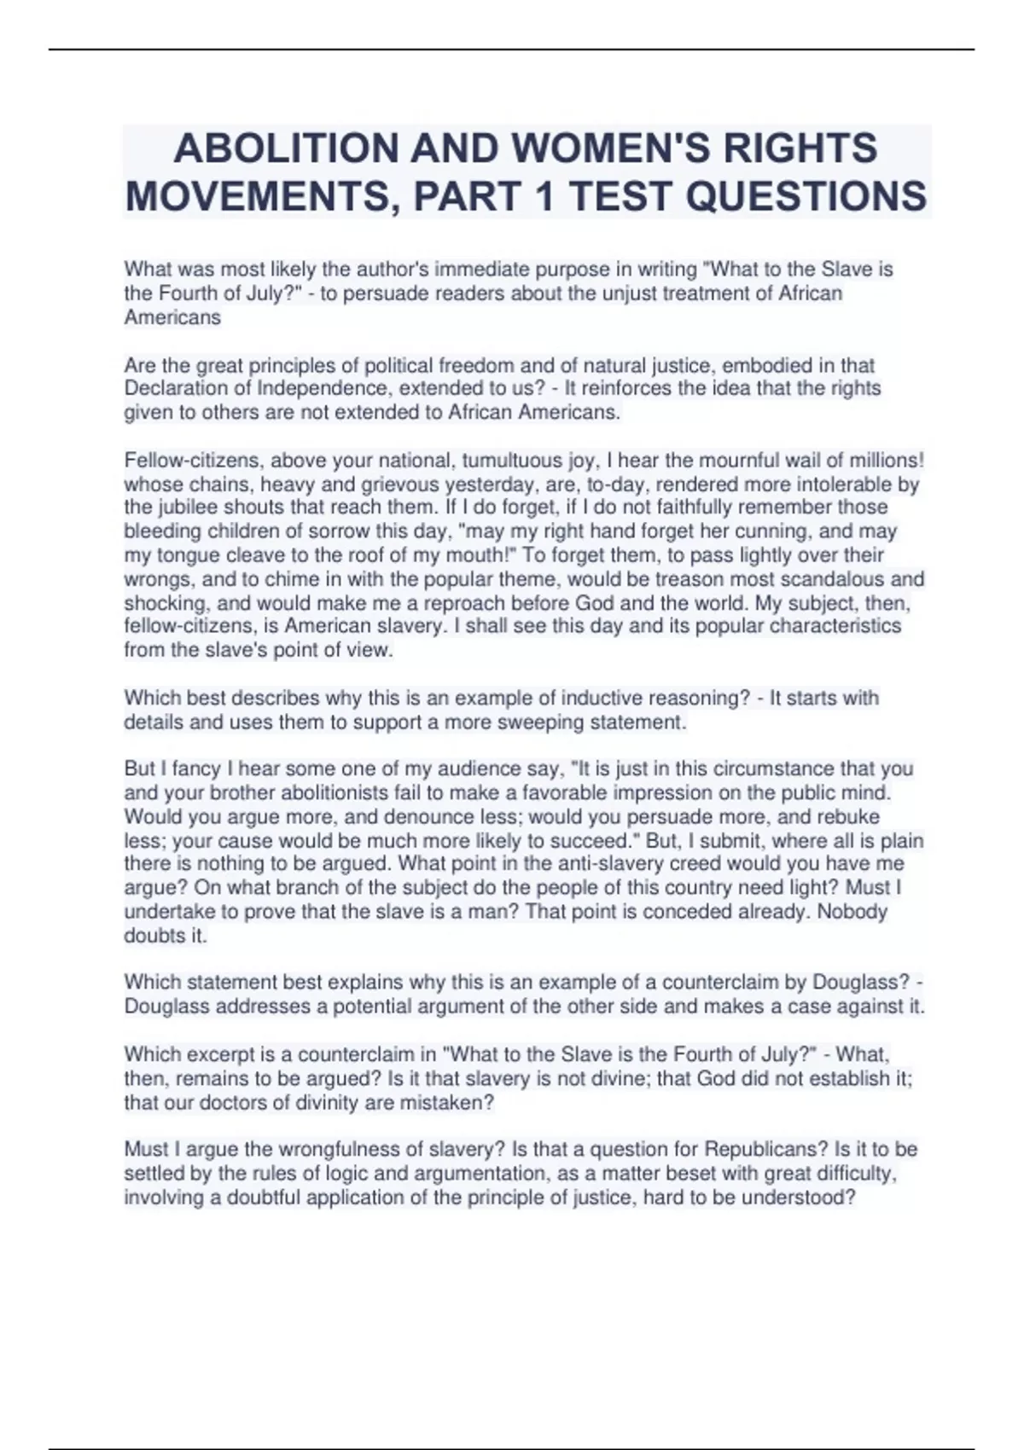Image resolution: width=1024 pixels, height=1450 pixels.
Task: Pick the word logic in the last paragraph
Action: [345, 1174]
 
